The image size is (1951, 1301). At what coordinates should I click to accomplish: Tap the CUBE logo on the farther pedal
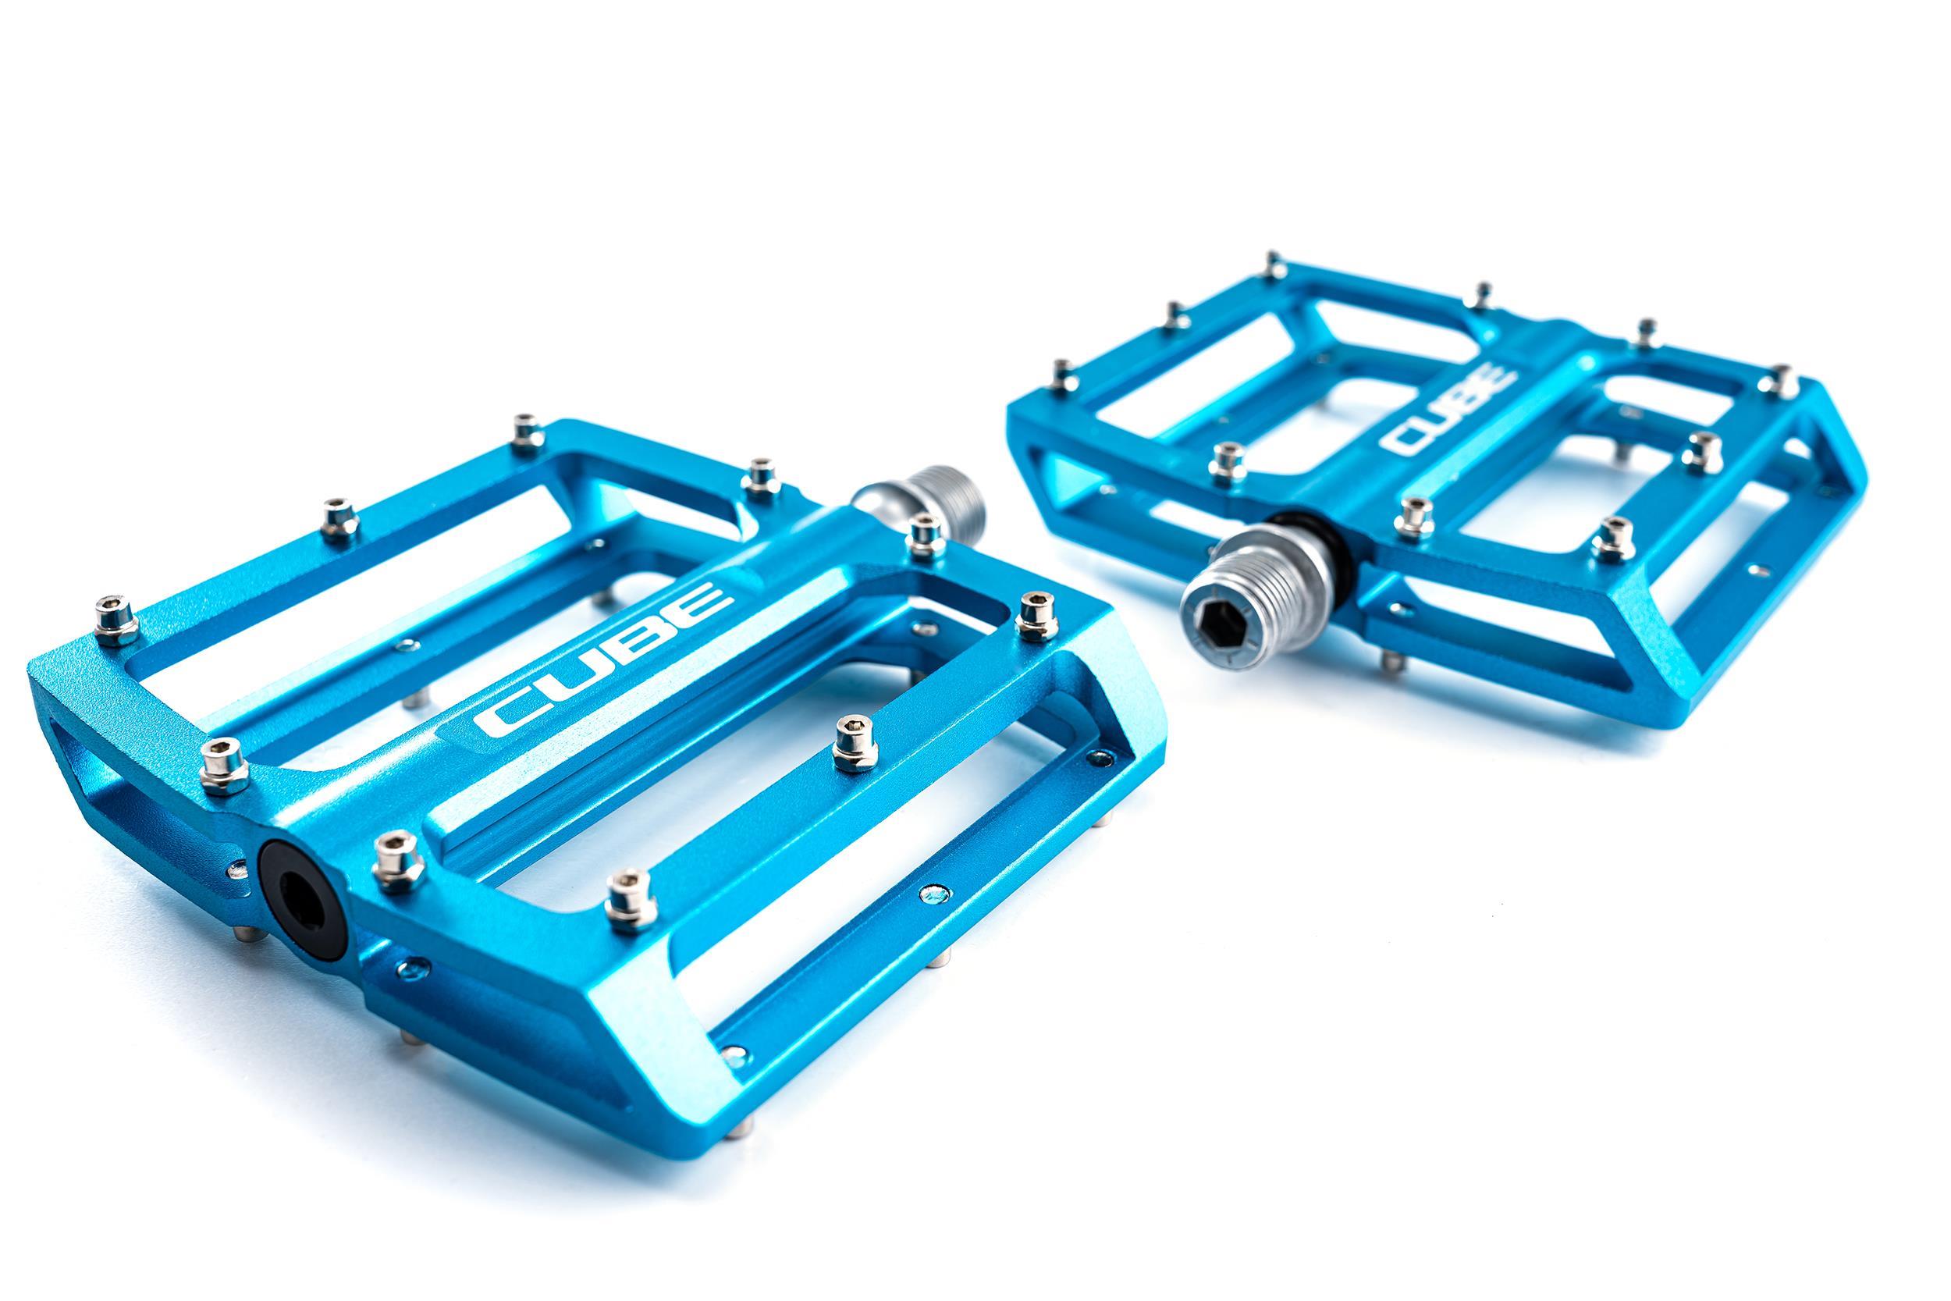(x=1449, y=411)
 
